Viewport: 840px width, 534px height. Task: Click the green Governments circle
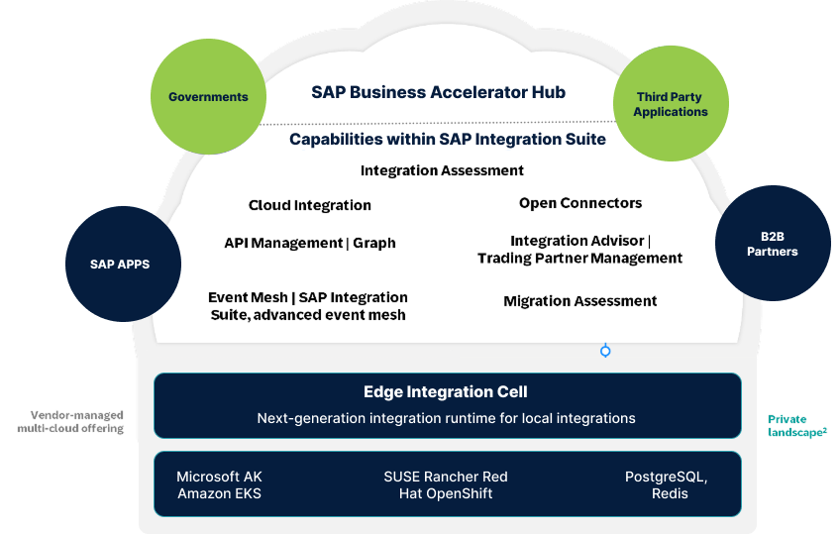click(x=208, y=96)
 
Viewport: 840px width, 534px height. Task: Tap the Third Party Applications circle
click(x=671, y=103)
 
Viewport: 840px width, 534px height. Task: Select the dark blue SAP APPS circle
click(x=123, y=265)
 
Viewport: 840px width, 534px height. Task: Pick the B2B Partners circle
click(x=773, y=243)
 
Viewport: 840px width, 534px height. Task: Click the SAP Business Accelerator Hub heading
click(x=438, y=92)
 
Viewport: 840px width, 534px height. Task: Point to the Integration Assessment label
click(x=442, y=170)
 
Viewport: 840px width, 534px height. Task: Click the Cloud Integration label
click(x=310, y=205)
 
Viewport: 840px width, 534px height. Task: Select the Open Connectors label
click(x=580, y=203)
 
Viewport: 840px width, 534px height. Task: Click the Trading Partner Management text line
click(x=580, y=259)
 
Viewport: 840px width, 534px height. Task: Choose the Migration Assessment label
click(x=580, y=301)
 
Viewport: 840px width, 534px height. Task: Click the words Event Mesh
click(x=248, y=297)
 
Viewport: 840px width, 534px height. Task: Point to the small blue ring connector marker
click(x=605, y=351)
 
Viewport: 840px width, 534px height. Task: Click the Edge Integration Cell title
click(x=446, y=391)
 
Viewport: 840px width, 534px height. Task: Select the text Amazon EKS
click(x=220, y=493)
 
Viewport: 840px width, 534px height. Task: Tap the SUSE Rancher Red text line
click(x=446, y=477)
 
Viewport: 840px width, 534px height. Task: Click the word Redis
click(x=670, y=493)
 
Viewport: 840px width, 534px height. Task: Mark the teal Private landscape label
click(x=797, y=426)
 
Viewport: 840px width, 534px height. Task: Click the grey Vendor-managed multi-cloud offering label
click(x=70, y=421)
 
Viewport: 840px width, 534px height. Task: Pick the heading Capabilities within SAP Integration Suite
click(x=448, y=140)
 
